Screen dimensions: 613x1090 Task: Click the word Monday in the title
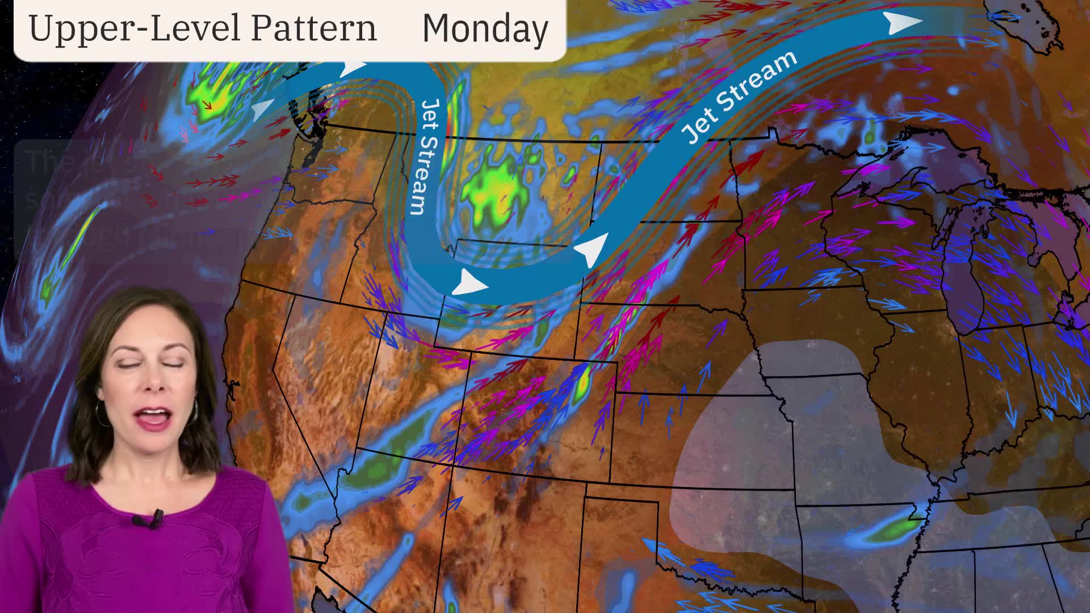485,28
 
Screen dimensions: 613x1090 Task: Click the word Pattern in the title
313,28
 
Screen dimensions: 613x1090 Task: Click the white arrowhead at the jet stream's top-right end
903,23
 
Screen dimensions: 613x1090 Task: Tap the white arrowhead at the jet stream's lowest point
470,282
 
